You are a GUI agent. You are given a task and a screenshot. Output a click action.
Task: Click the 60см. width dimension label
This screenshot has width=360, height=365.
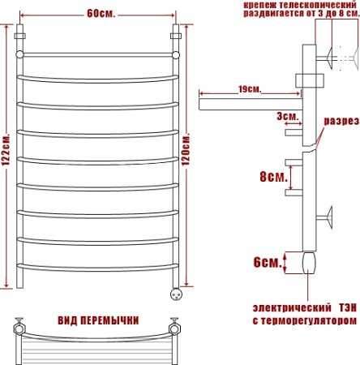click(x=101, y=13)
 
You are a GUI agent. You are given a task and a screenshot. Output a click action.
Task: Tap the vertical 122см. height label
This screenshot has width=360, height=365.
click(x=6, y=159)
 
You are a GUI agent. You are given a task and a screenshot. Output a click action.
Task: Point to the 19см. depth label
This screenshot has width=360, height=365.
click(x=250, y=89)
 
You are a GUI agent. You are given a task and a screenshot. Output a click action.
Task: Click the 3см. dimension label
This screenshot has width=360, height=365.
click(x=287, y=116)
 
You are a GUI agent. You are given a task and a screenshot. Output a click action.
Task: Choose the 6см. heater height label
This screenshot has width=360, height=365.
click(x=267, y=262)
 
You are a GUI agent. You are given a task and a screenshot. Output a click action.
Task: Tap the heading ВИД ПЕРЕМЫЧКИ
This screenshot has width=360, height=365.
click(x=99, y=319)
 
